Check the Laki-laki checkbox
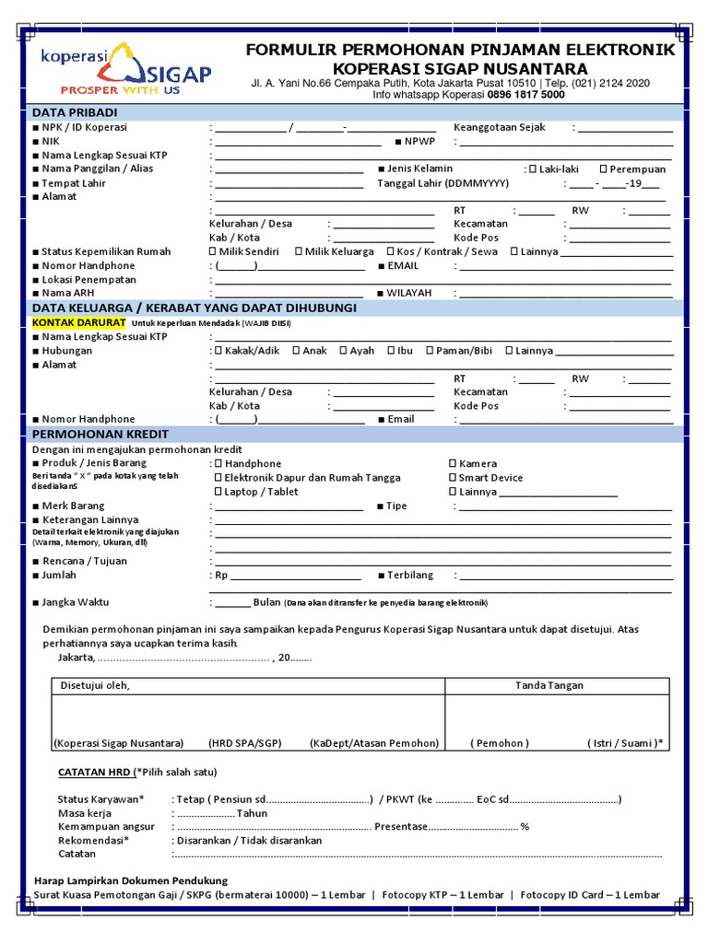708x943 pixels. coord(532,169)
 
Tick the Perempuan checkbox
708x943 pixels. coord(603,169)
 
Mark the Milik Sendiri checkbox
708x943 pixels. coord(214,251)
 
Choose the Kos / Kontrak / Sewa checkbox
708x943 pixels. coord(391,251)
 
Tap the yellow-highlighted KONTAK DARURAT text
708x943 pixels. coord(78,323)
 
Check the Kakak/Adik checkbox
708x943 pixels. coord(218,350)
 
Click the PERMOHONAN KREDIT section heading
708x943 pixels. coord(100,434)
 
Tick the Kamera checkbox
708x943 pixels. coord(453,463)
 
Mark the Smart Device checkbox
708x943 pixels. coord(453,477)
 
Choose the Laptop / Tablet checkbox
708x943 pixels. coord(218,491)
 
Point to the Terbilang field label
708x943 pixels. coord(410,575)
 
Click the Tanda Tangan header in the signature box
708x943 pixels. coord(549,685)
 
